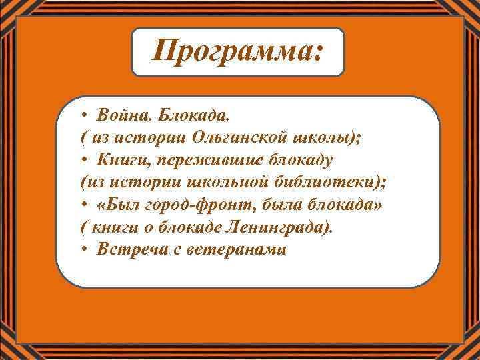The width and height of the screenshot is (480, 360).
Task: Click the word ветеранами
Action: click(228, 250)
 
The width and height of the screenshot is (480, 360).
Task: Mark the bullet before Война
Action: click(79, 115)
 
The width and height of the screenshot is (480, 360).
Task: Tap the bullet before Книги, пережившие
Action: click(79, 161)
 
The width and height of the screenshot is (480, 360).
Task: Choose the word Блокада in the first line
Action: click(197, 115)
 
